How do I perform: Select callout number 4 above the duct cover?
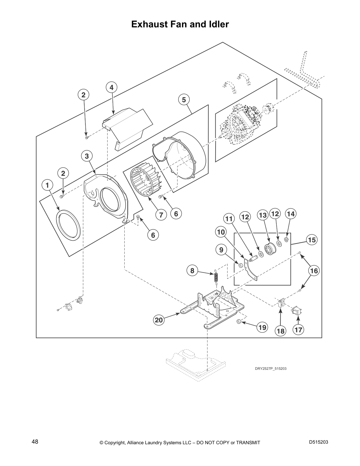point(111,87)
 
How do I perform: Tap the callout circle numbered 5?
point(184,100)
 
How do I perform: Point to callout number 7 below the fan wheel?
point(161,215)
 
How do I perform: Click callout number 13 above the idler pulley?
point(262,215)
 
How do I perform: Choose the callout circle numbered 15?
point(312,240)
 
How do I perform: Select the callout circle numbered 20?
point(159,320)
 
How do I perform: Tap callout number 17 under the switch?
point(298,330)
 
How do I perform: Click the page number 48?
point(35,442)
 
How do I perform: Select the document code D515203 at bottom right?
point(319,442)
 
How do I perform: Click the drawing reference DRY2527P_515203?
point(270,368)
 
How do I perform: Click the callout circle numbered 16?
point(314,270)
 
